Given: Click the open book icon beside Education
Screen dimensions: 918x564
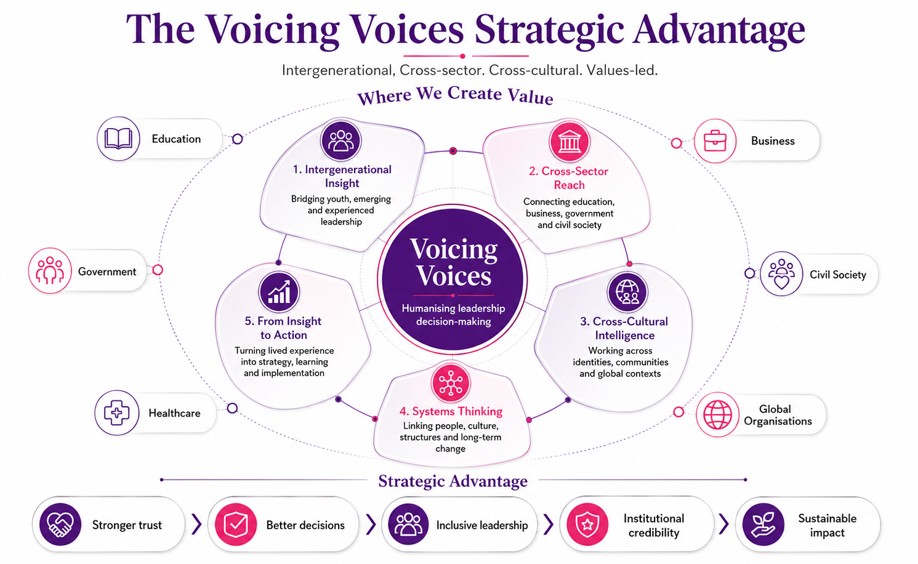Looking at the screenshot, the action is click(x=118, y=139).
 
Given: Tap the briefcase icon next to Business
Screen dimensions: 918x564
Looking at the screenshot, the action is click(x=715, y=141).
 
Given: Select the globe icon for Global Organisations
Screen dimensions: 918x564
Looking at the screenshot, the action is click(x=717, y=414).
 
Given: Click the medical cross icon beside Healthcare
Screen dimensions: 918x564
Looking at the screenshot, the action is click(x=117, y=413).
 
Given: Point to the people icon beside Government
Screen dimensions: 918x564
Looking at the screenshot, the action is click(x=50, y=270).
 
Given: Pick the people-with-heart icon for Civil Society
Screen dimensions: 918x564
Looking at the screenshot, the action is click(x=781, y=274).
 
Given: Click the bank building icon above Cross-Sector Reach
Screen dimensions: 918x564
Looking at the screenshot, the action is click(x=570, y=142).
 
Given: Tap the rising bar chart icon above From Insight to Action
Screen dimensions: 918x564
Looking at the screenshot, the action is click(x=279, y=292).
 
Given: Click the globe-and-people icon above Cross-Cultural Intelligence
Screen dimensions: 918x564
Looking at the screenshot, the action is click(x=627, y=292).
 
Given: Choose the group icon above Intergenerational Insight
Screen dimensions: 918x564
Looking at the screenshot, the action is click(x=340, y=140).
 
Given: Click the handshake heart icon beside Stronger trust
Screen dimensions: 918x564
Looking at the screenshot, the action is click(x=60, y=524).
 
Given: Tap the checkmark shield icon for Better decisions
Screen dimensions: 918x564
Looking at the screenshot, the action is click(x=236, y=525).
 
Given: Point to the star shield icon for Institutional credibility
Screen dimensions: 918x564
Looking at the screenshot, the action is click(x=587, y=525).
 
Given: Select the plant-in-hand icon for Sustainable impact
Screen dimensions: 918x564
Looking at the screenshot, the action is click(x=763, y=525).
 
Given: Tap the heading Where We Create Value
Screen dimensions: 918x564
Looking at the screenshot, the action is click(x=455, y=95).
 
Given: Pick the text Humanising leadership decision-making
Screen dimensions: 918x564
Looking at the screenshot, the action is click(x=453, y=315).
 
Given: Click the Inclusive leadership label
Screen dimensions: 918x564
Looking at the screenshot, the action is click(x=482, y=525).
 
